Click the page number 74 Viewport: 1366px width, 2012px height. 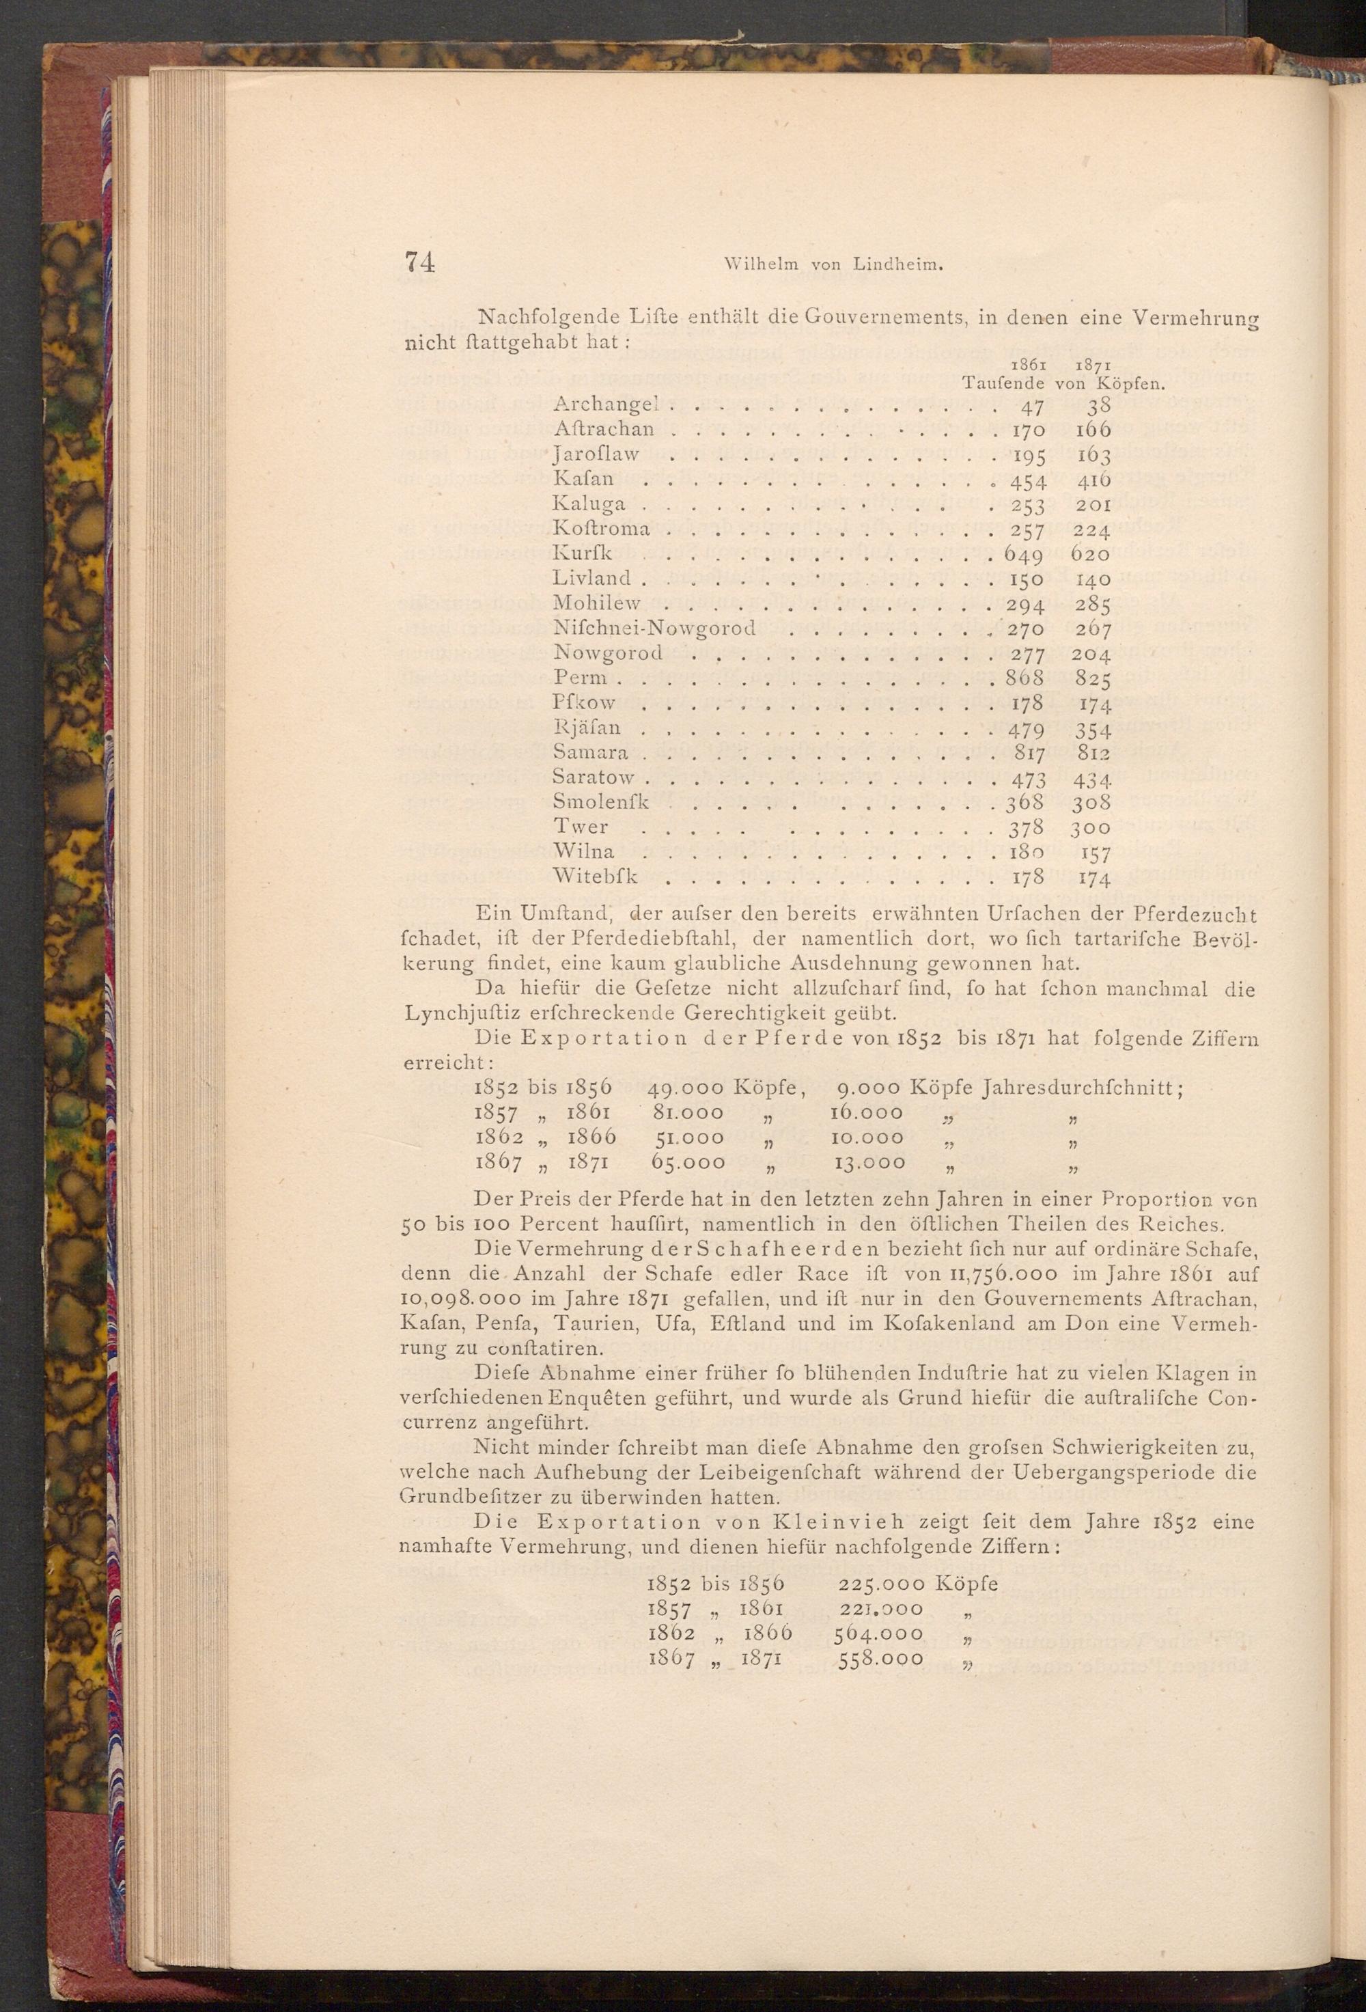pyautogui.click(x=419, y=262)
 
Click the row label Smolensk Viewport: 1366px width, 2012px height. pyautogui.click(x=601, y=803)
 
